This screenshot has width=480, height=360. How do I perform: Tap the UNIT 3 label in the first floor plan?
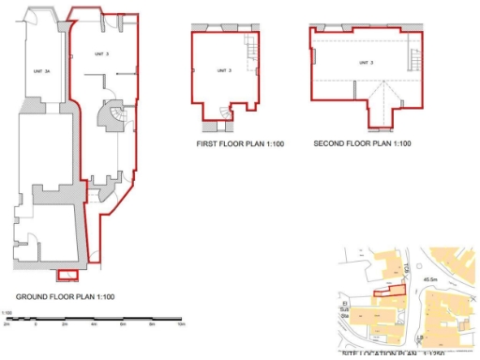pos(223,71)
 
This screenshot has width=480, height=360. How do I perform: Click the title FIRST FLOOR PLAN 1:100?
pos(239,144)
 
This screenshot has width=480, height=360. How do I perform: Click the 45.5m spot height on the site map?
pos(433,278)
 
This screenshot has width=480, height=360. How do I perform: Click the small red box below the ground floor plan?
pos(66,275)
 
